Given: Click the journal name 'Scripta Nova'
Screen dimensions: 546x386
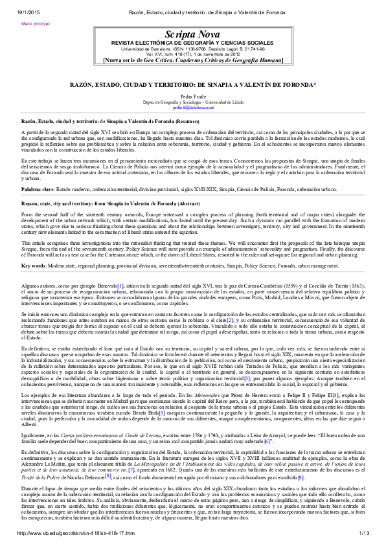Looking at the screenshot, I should (192, 34).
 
